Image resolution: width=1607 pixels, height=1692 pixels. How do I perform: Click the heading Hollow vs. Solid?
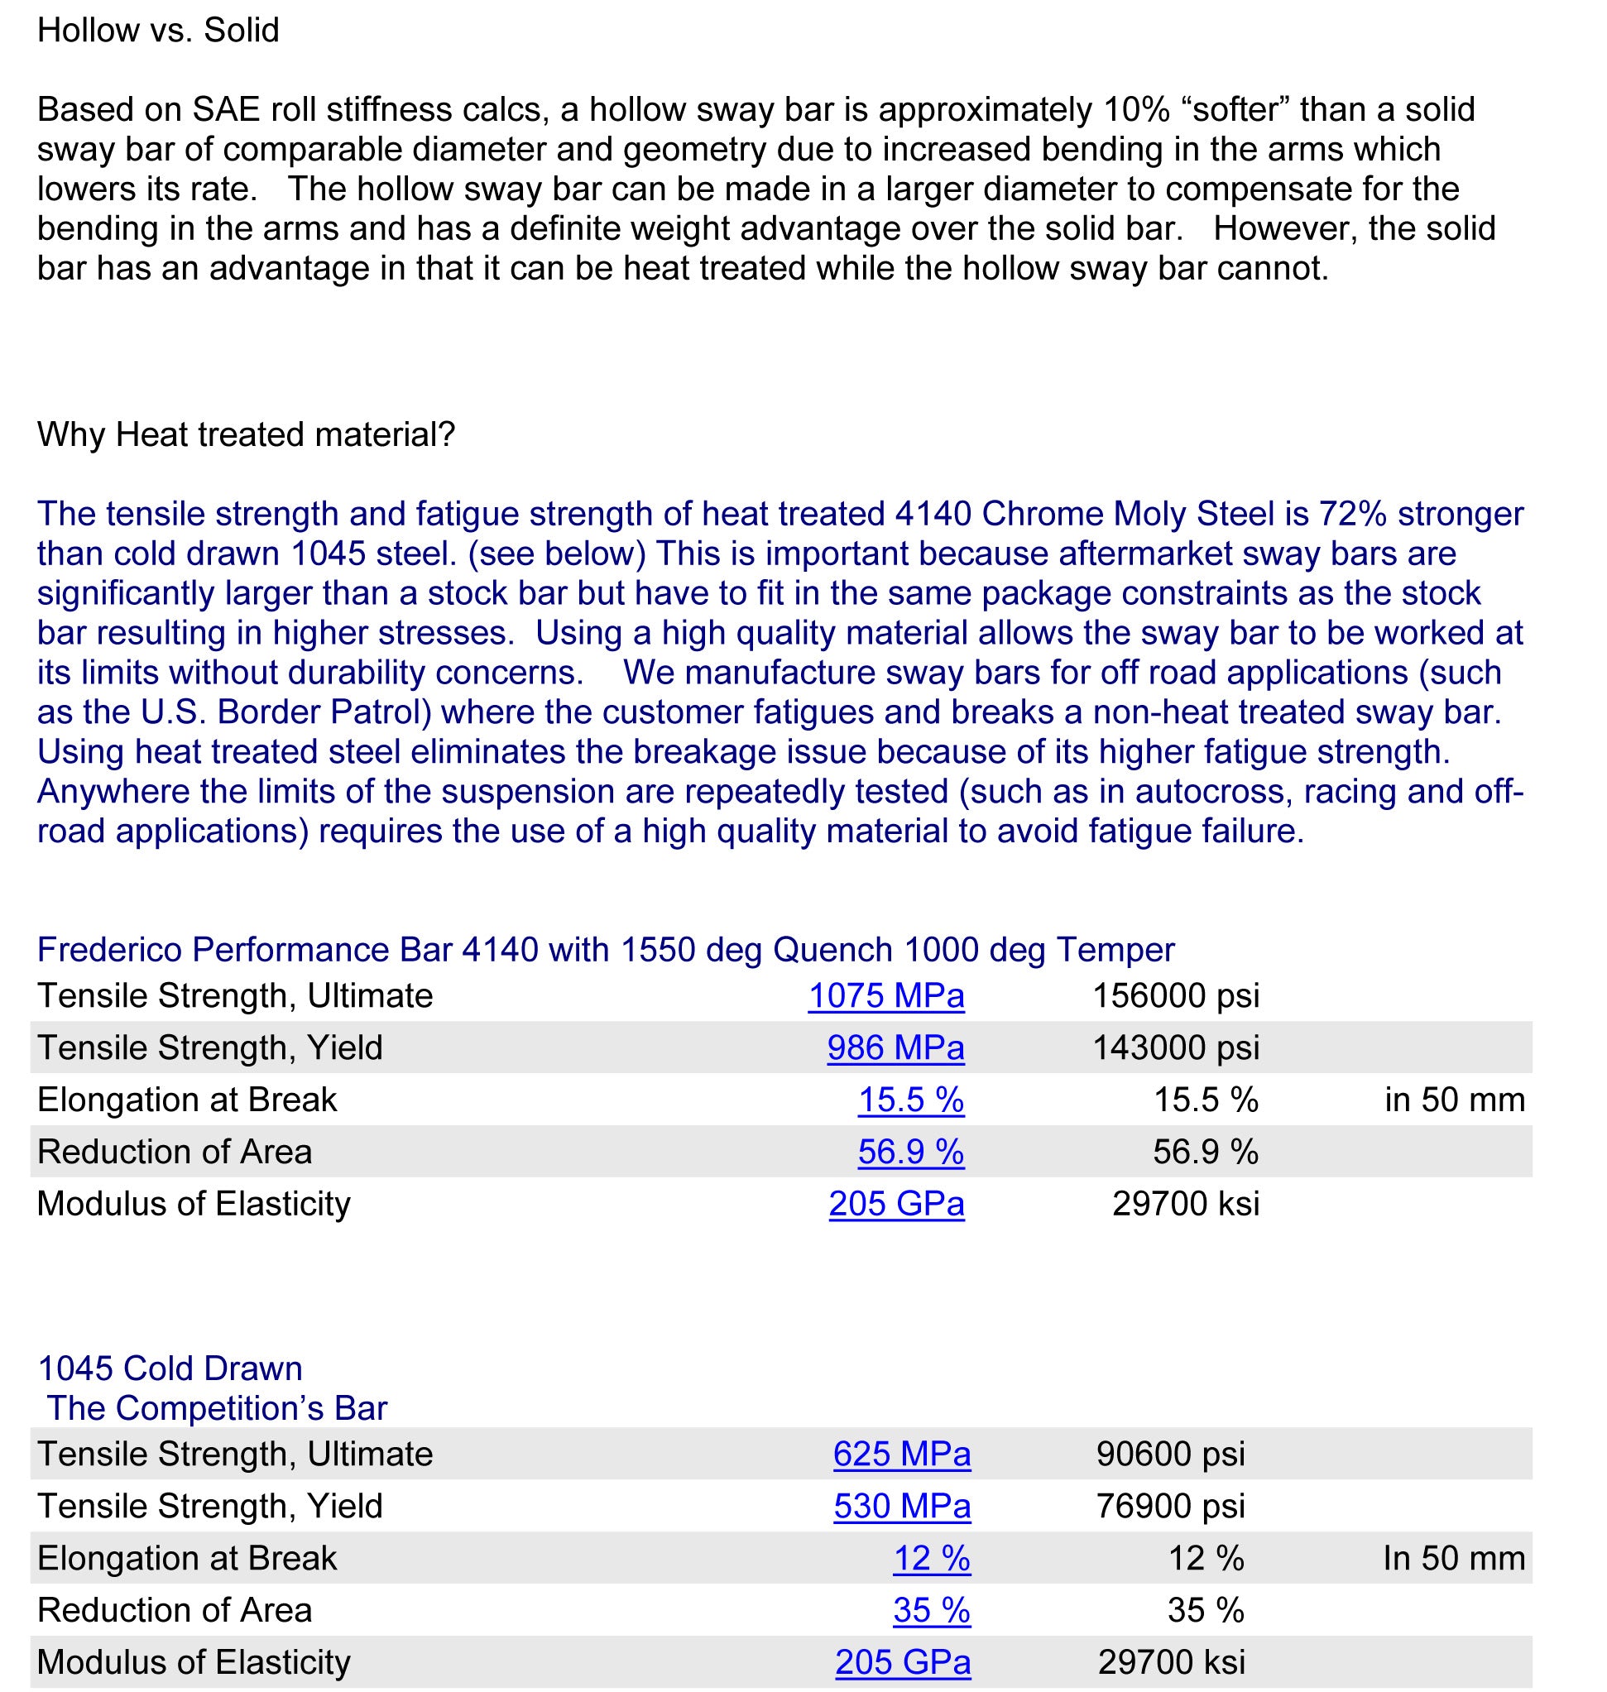point(159,31)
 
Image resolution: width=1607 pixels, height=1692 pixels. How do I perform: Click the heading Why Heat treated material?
point(246,435)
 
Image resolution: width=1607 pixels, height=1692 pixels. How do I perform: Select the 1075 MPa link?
point(885,996)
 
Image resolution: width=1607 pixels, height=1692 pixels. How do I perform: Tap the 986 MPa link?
point(895,1048)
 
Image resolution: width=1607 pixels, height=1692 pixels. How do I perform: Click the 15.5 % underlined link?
point(910,1100)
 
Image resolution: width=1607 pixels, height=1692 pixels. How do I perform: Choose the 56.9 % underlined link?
point(910,1153)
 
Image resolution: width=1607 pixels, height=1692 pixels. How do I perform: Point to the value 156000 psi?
point(1175,996)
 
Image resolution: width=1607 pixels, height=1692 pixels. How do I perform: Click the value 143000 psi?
point(1175,1048)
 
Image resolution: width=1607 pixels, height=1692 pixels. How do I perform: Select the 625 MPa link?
point(902,1455)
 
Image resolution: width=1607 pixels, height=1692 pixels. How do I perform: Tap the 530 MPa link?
point(902,1507)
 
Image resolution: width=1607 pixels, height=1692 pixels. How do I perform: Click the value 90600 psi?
point(1170,1455)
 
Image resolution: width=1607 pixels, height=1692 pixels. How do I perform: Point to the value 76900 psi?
point(1170,1507)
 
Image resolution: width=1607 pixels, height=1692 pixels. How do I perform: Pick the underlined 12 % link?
point(931,1560)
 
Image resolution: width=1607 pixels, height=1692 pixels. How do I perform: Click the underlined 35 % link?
point(931,1612)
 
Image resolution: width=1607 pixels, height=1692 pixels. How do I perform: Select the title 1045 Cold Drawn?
point(170,1369)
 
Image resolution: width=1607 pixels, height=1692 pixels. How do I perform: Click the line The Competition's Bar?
point(217,1408)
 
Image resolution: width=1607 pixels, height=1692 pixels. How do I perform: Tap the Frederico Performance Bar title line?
point(605,951)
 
